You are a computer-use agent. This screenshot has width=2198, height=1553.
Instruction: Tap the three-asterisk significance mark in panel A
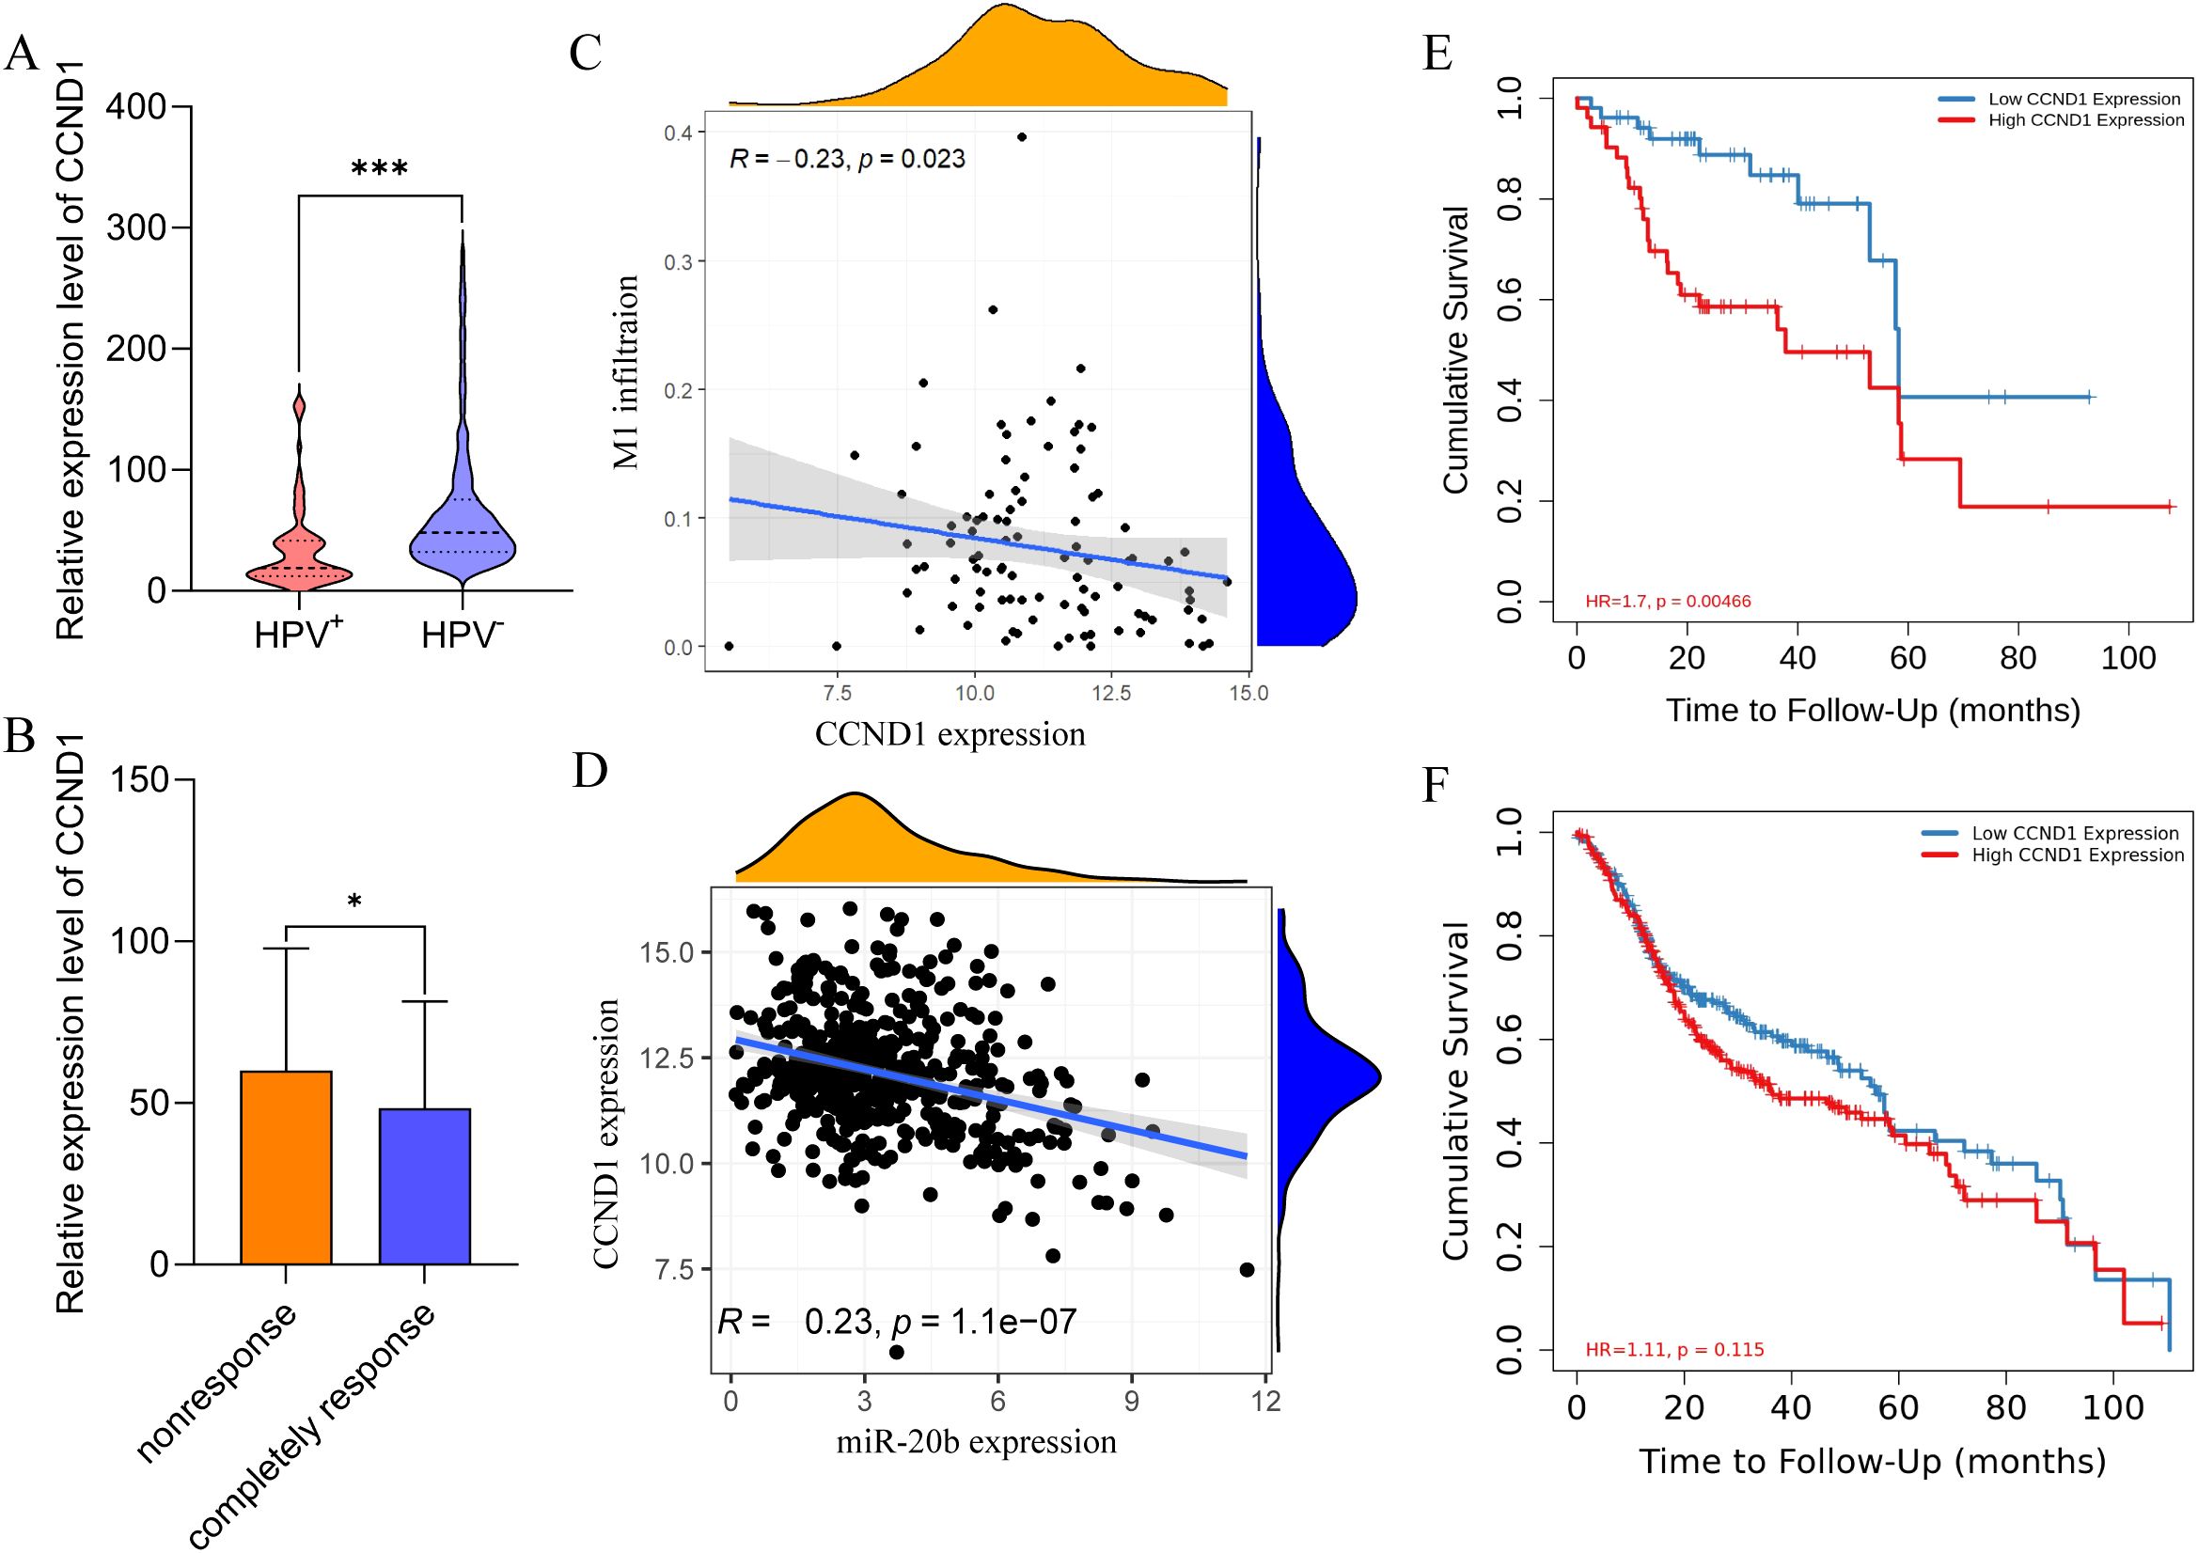(x=379, y=170)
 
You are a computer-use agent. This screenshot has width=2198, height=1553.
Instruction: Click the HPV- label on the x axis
(x=463, y=634)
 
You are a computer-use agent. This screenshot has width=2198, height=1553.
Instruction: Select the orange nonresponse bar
(x=286, y=1168)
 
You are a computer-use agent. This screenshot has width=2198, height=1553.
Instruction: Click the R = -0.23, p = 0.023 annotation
(x=847, y=159)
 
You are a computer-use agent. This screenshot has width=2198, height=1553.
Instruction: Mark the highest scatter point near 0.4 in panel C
(x=1023, y=137)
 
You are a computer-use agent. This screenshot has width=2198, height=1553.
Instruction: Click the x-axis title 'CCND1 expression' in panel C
(x=950, y=734)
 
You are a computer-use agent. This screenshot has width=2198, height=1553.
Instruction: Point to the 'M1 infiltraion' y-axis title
(x=626, y=372)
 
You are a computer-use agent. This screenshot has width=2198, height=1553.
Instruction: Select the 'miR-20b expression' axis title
(x=977, y=1441)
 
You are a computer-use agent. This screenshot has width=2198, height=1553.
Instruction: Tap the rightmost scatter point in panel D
(x=1247, y=1270)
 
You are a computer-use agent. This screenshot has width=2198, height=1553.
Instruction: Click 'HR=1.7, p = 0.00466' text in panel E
(x=1668, y=602)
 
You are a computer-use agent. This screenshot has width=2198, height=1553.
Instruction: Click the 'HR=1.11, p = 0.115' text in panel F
(x=1674, y=1350)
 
